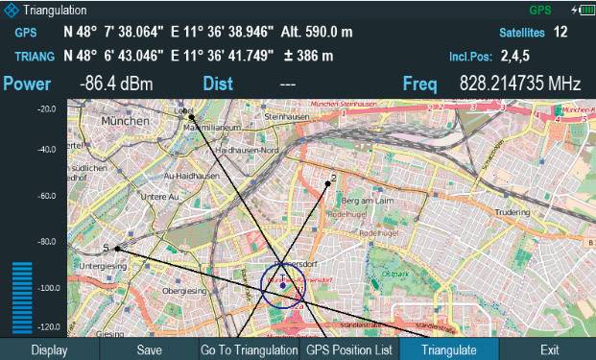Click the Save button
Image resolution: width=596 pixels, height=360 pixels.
point(149,350)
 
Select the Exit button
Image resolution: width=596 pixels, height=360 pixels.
point(549,350)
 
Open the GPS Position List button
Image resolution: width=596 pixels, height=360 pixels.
point(347,350)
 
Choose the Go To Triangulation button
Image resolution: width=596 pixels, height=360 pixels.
point(249,350)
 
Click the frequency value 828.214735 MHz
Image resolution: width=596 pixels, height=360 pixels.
point(519,84)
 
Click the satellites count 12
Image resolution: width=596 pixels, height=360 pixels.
point(560,33)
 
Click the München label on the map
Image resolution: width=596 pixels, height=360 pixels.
point(127,124)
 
